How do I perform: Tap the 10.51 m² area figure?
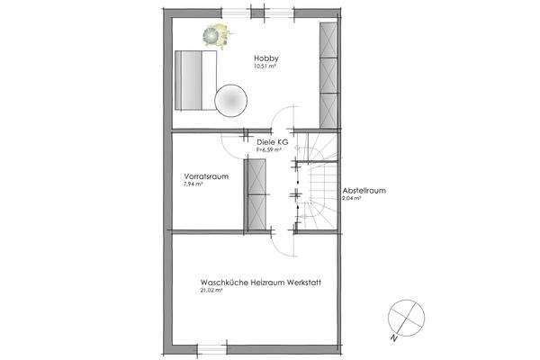(x=264, y=66)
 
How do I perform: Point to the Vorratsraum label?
(x=202, y=175)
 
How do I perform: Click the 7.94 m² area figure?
(x=193, y=184)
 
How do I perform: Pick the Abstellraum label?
(x=364, y=191)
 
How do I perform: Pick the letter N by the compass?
(x=392, y=338)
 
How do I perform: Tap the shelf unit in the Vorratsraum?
(x=259, y=194)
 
